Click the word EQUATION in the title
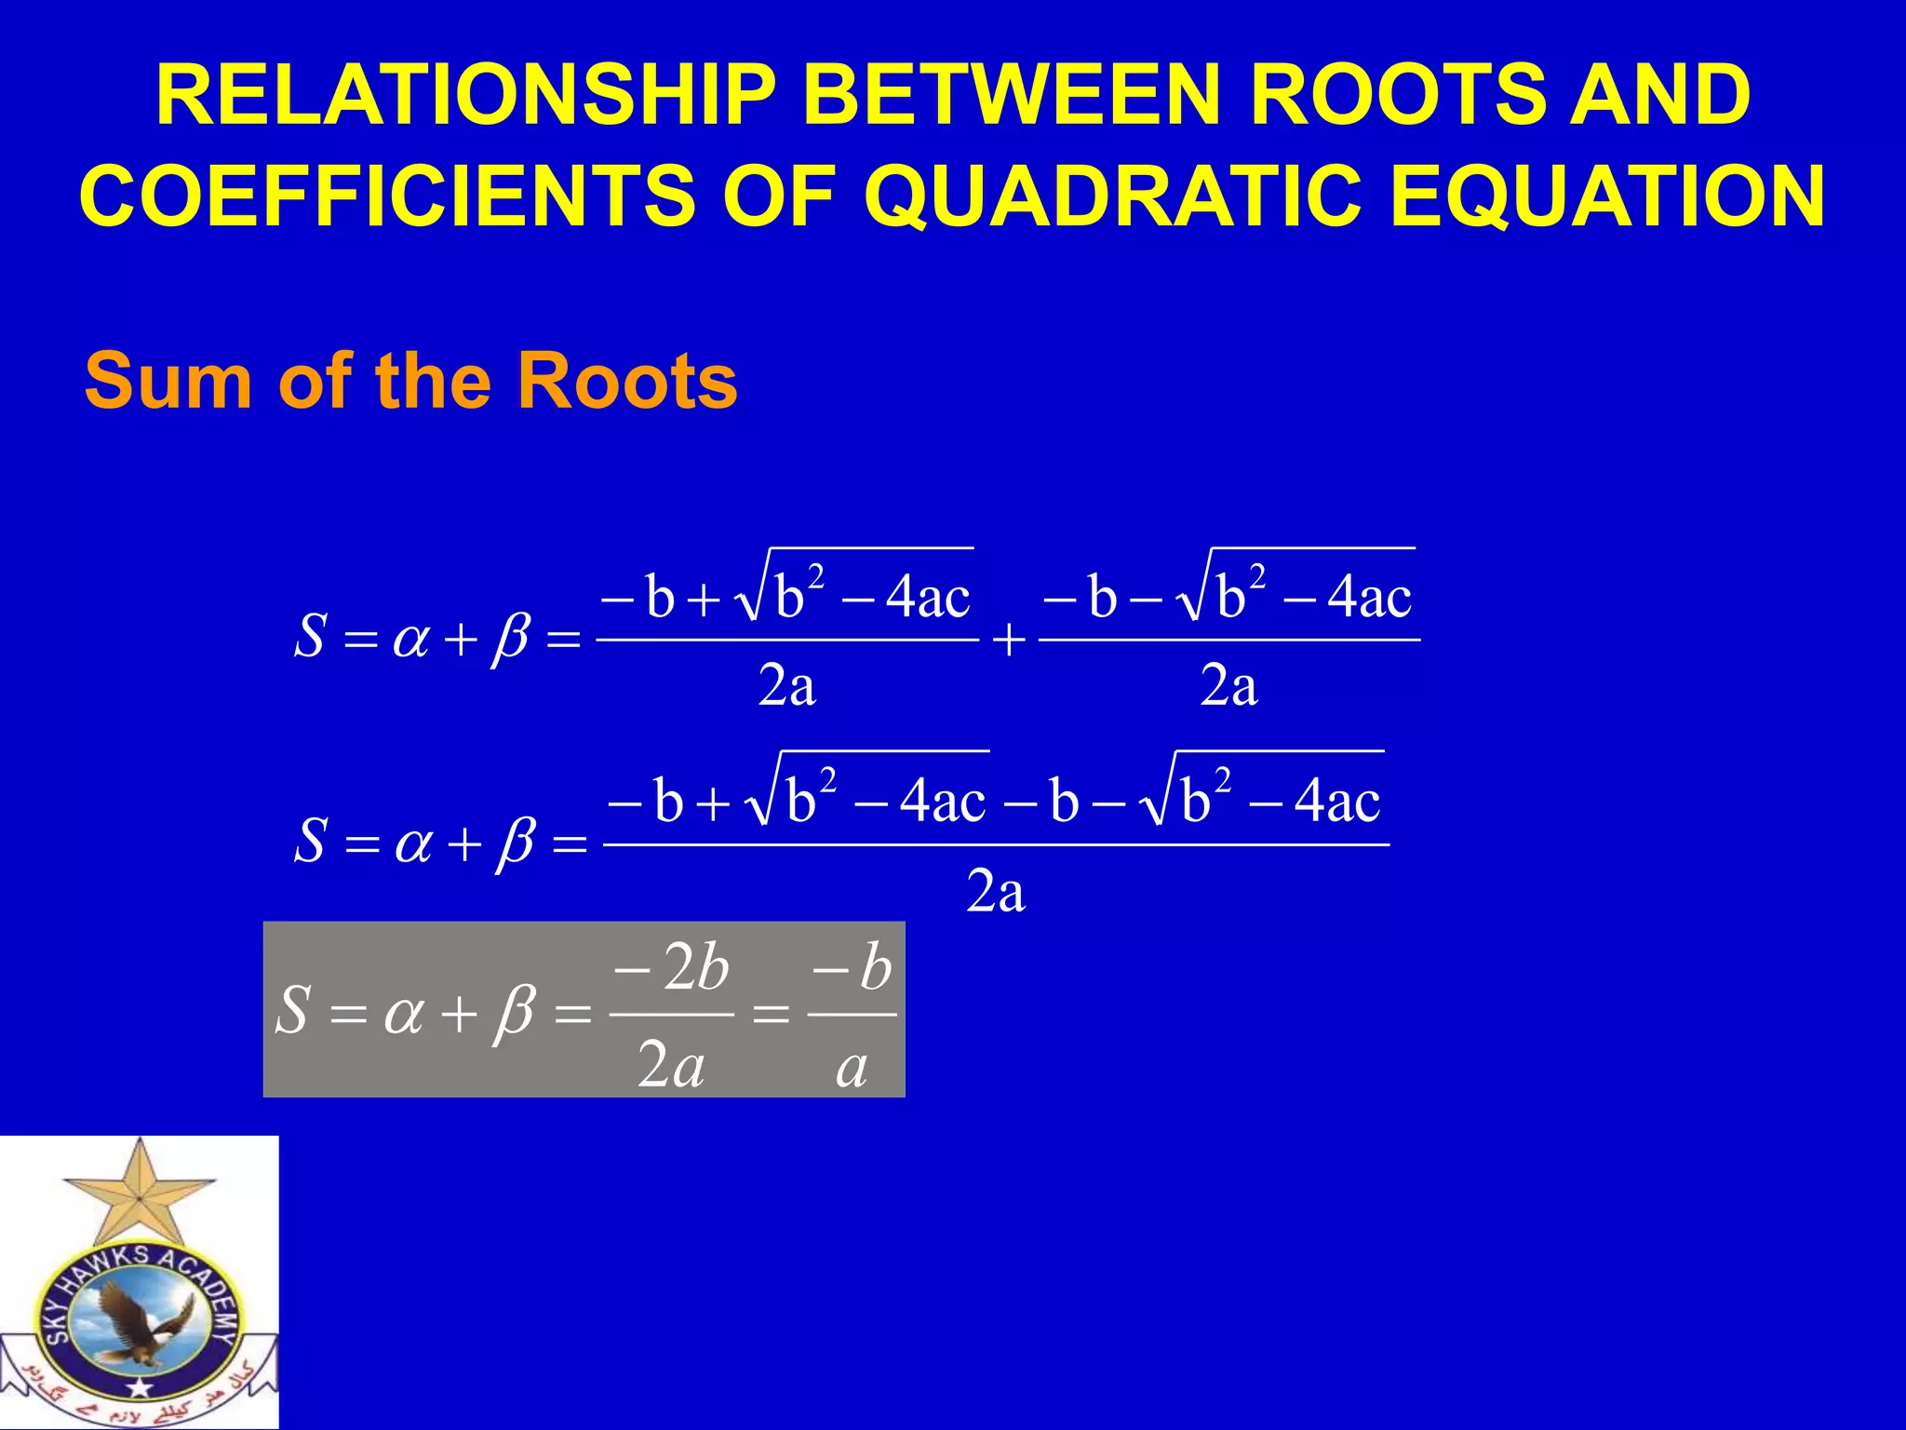(1607, 196)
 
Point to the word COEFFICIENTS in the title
(387, 196)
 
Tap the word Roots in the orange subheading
(627, 382)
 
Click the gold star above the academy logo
(140, 1192)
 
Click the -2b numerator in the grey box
(672, 968)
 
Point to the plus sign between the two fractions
(1009, 641)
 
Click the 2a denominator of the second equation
(996, 892)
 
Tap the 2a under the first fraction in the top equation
(787, 687)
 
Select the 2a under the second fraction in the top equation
(1228, 687)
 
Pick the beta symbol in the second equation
(515, 843)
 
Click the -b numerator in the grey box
(852, 968)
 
